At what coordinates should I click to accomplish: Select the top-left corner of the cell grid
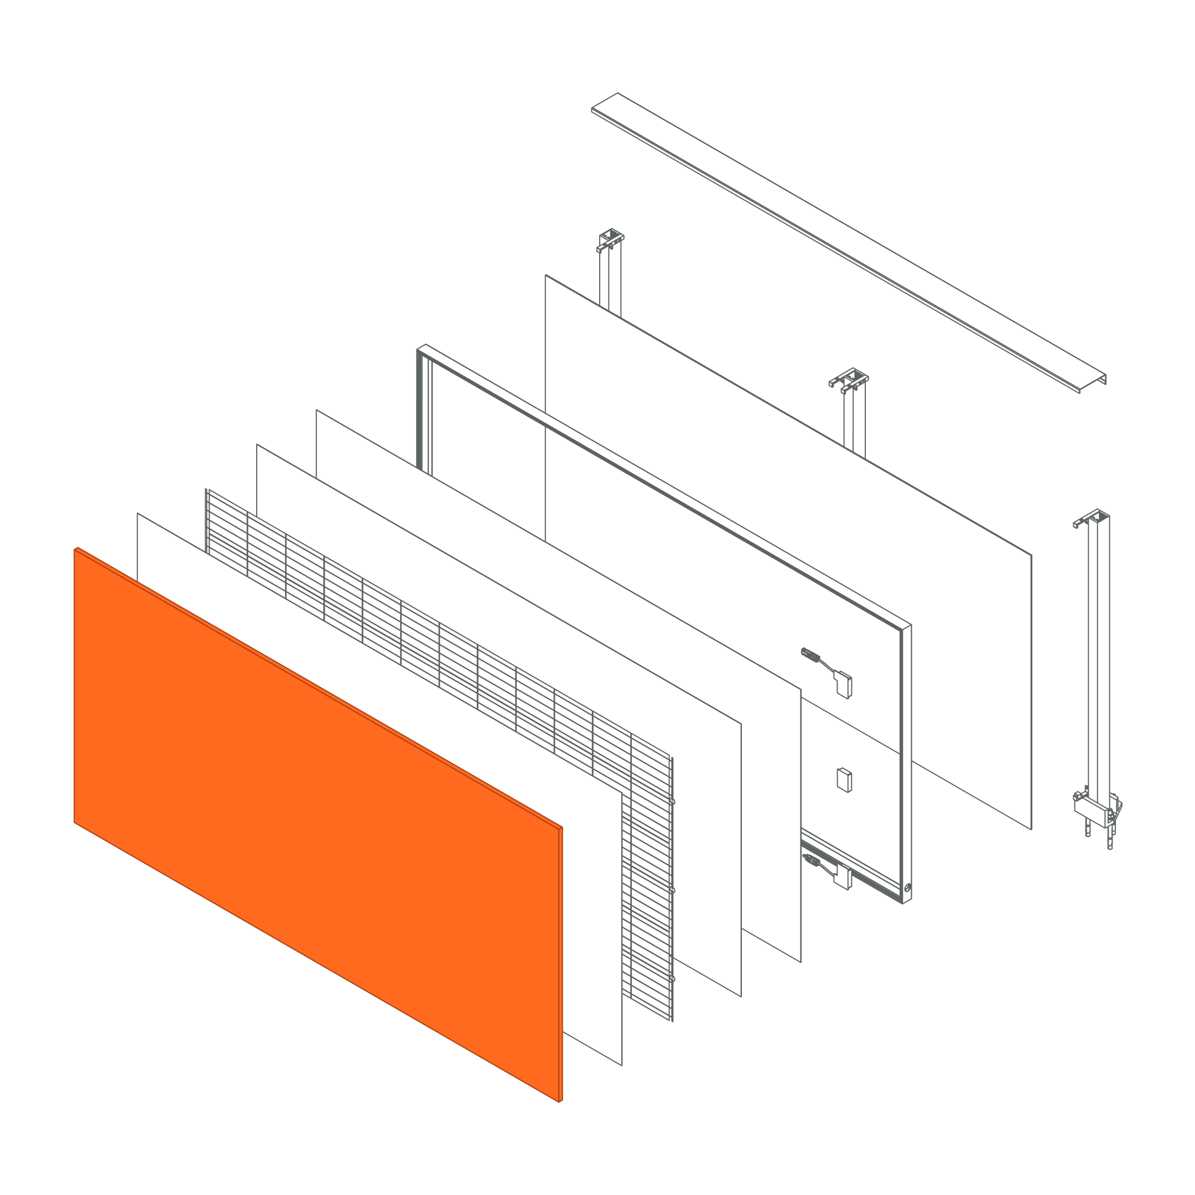206,490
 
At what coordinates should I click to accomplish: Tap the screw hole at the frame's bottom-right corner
906,888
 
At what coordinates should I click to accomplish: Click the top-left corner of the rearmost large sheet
546,276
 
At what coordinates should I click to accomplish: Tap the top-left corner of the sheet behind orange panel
138,514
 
